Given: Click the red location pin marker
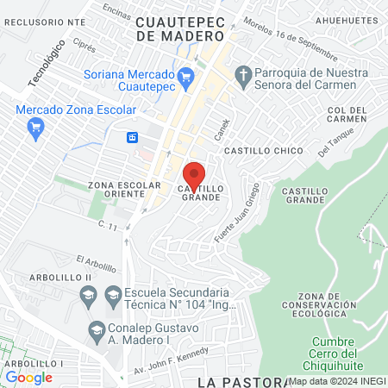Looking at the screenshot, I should pos(195,175).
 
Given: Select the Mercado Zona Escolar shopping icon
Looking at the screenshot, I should pos(34,129).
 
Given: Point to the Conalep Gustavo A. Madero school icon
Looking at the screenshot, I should pos(97,330).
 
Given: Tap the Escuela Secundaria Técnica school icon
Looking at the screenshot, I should pos(112,296).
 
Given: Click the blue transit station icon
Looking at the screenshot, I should pos(133,137).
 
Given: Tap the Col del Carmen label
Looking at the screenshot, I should pos(347,116).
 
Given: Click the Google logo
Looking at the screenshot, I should pos(28,376).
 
